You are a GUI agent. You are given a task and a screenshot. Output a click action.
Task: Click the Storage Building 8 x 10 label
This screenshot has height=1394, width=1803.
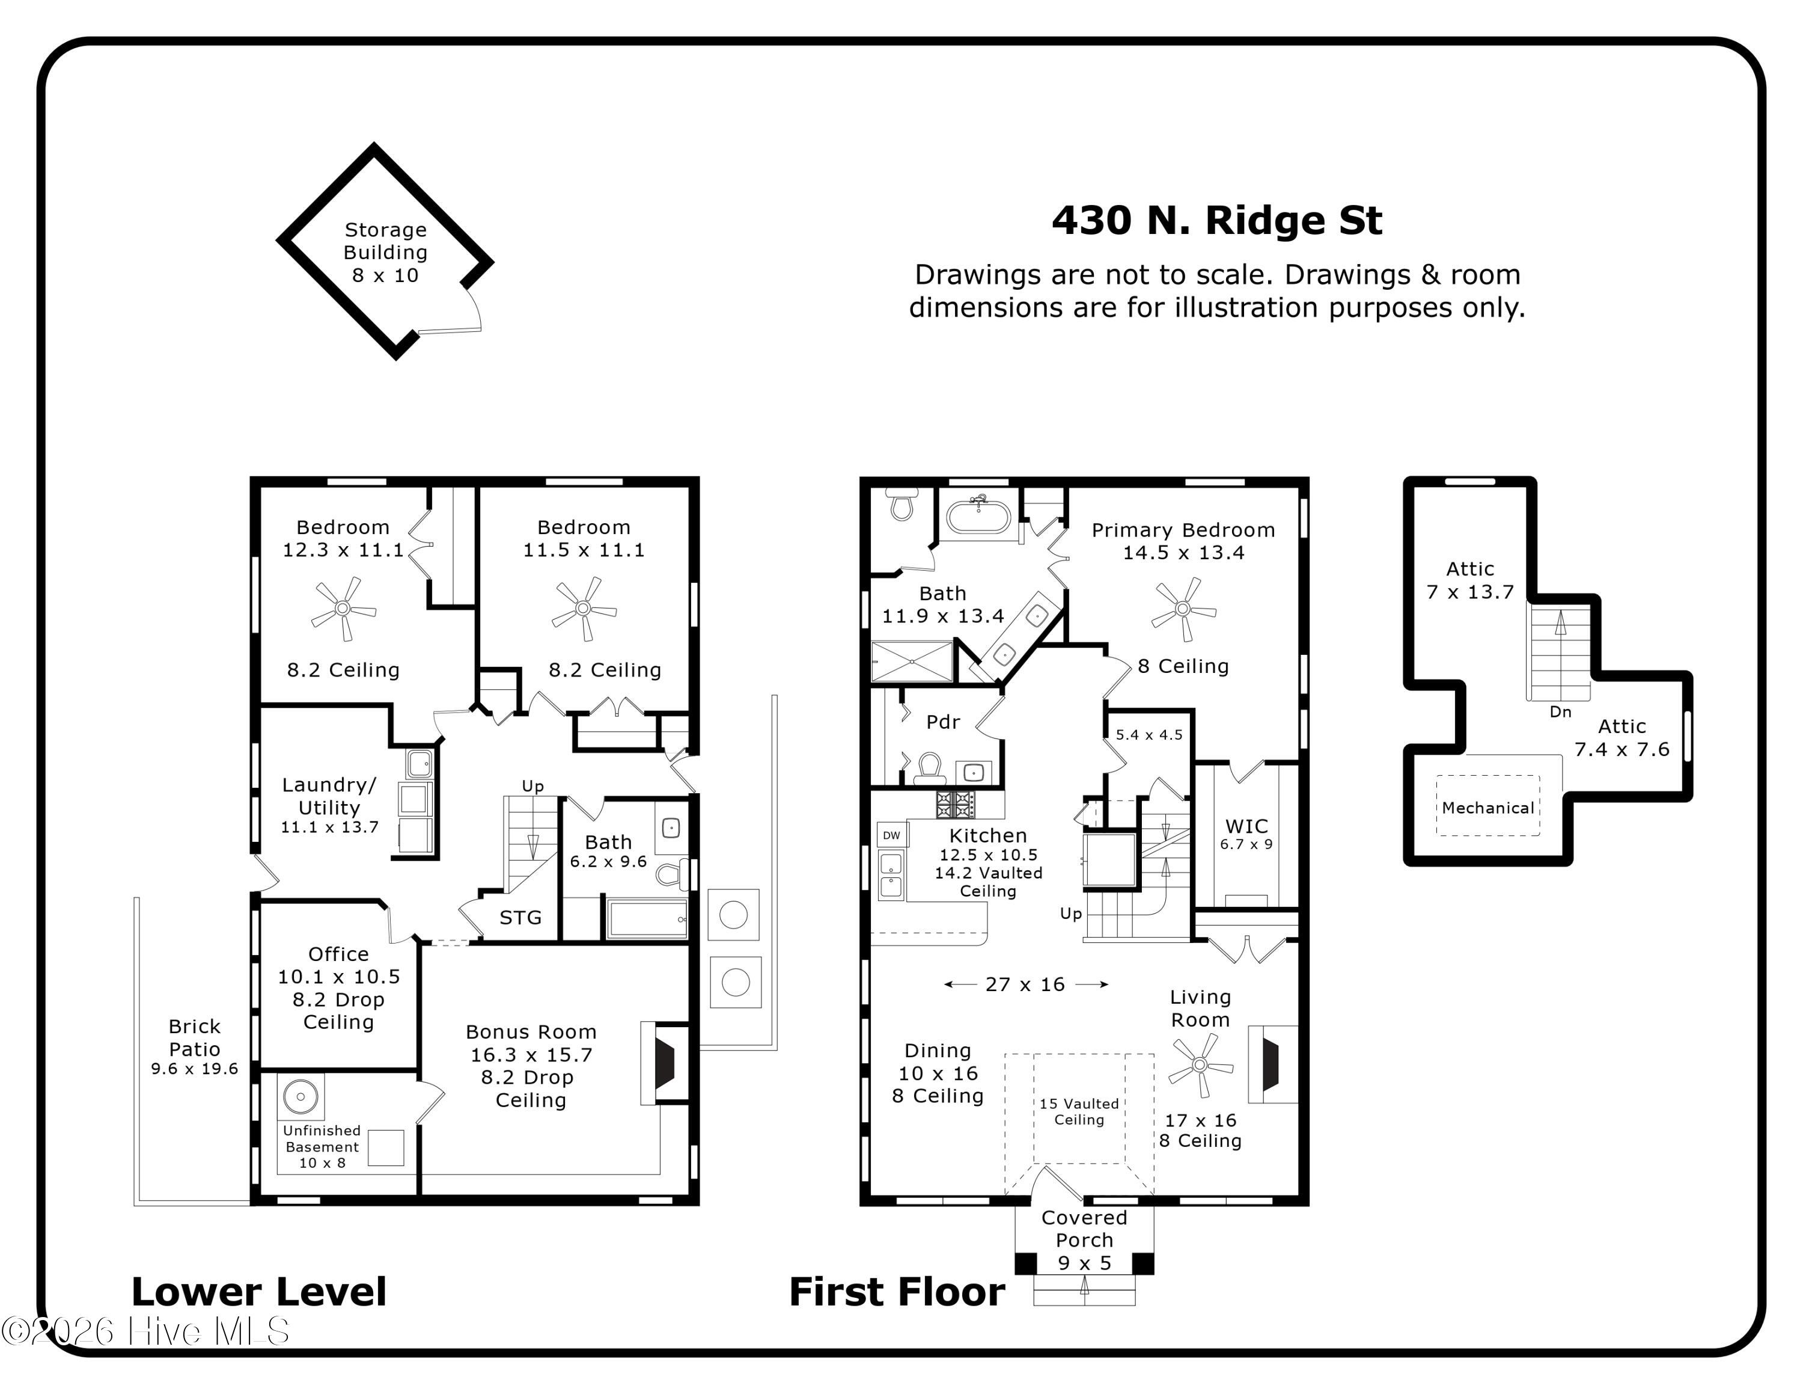click(x=385, y=253)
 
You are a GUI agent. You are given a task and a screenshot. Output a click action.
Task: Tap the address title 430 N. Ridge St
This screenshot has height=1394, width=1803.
click(x=1217, y=221)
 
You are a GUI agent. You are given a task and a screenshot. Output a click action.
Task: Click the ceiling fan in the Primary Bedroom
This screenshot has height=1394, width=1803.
click(x=1184, y=609)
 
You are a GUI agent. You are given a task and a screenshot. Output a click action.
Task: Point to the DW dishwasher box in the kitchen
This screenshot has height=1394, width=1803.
click(x=892, y=835)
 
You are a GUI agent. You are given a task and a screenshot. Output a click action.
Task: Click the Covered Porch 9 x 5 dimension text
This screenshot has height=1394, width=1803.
click(x=1085, y=1263)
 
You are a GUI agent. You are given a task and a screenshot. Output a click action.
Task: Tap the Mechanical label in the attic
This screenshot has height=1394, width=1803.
click(x=1487, y=808)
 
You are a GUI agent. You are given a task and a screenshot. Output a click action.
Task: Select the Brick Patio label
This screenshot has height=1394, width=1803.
click(x=194, y=1047)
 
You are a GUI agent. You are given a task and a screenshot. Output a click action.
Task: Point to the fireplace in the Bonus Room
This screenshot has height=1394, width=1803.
click(x=665, y=1064)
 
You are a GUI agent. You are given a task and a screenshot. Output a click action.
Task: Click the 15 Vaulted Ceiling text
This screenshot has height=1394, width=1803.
click(x=1079, y=1111)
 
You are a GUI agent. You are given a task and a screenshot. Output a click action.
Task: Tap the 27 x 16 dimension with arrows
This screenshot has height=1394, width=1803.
click(x=1025, y=984)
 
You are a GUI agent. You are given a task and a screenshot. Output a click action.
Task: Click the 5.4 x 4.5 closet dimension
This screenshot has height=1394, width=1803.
click(x=1149, y=735)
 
